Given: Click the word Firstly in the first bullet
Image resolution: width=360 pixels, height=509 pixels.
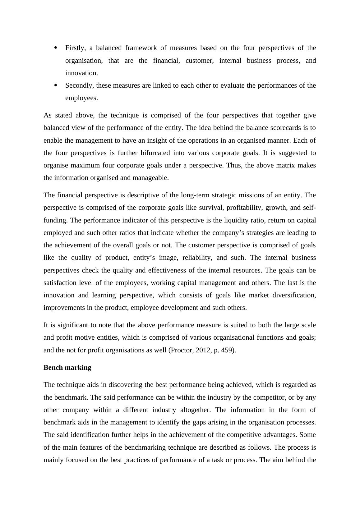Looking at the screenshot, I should pyautogui.click(x=75, y=48).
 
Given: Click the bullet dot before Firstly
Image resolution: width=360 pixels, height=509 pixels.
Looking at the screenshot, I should pyautogui.click(x=56, y=48).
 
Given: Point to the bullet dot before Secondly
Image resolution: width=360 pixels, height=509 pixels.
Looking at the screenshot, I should pyautogui.click(x=56, y=85).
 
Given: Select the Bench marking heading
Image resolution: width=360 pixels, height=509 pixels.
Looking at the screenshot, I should pyautogui.click(x=67, y=368).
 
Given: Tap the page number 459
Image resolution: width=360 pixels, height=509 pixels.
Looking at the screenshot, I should pyautogui.click(x=228, y=350).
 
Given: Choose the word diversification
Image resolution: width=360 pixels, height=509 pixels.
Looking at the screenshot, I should pyautogui.click(x=294, y=295).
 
